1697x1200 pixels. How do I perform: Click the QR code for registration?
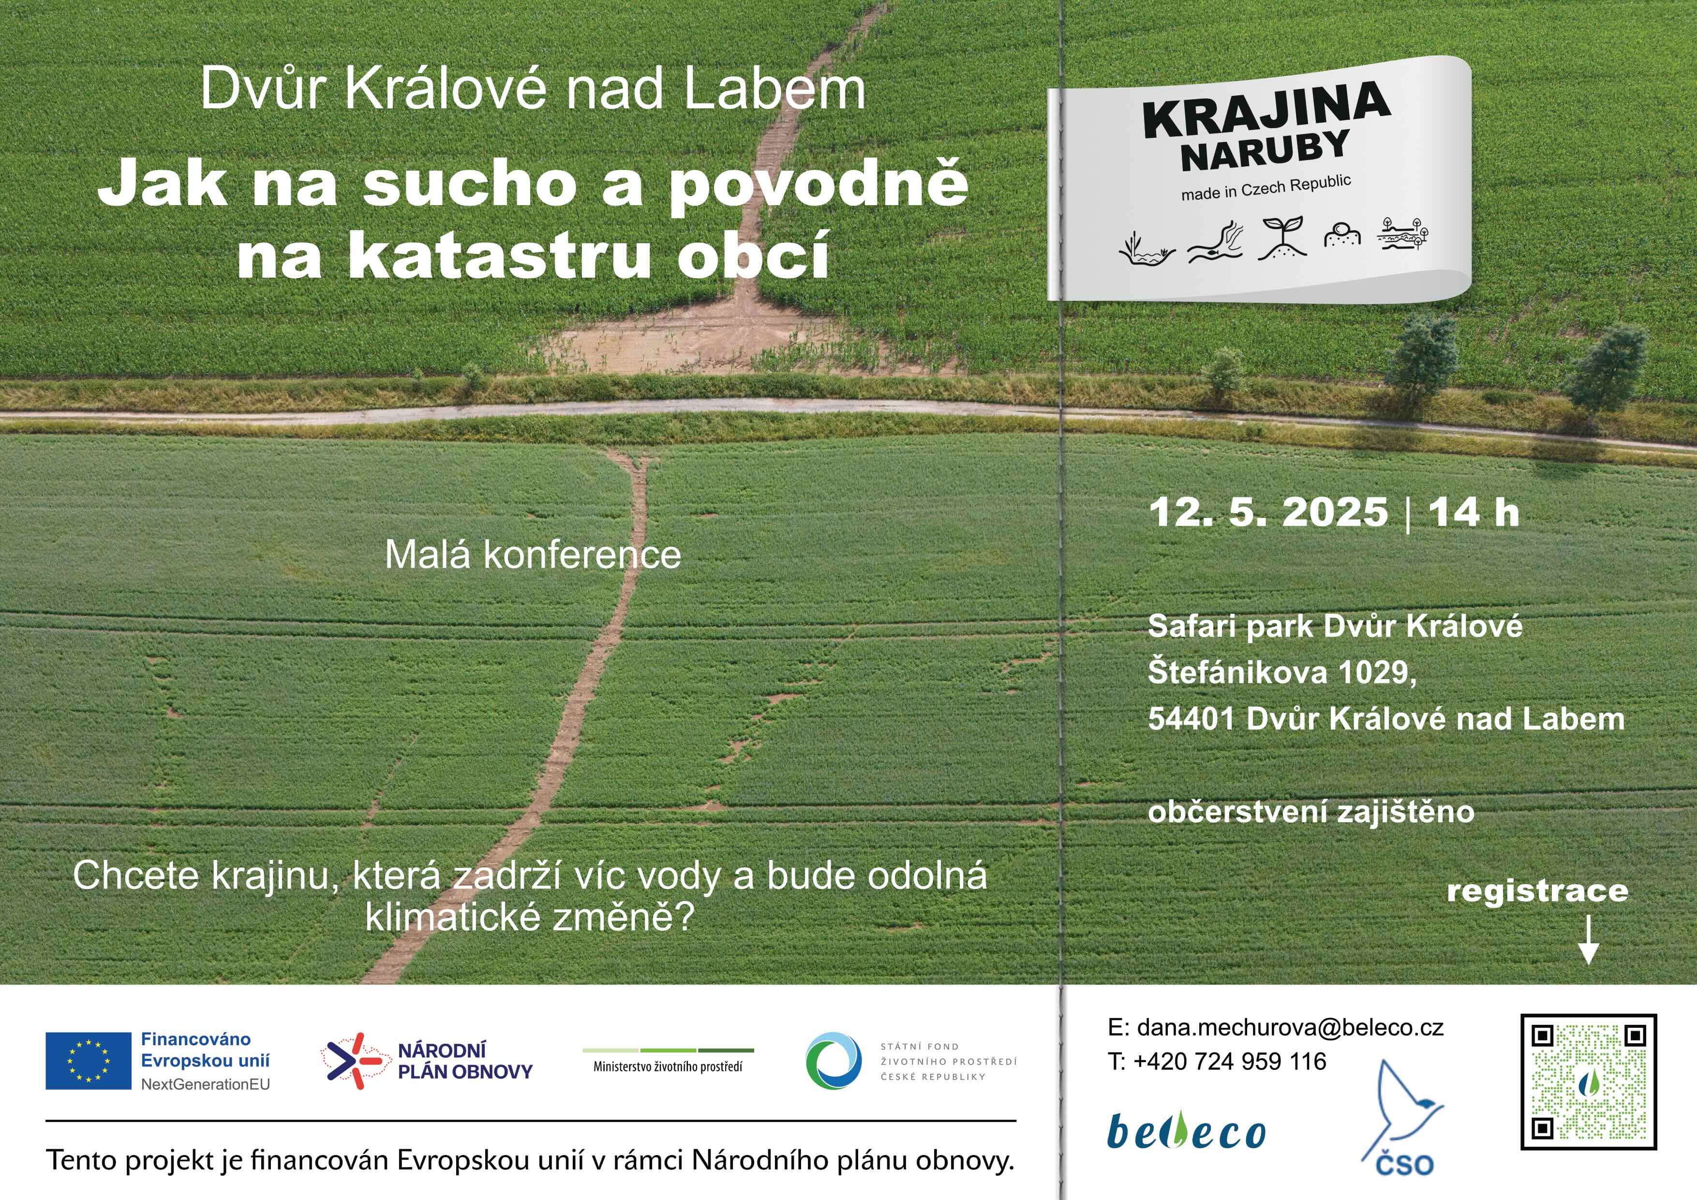(x=1588, y=1082)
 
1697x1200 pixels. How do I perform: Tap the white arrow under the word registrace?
(x=1588, y=941)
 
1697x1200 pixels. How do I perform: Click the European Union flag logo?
(x=88, y=1061)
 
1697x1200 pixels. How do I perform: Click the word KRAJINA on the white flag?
(x=1267, y=109)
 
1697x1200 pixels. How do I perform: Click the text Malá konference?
(x=533, y=554)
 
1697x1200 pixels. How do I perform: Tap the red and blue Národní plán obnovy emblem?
(x=352, y=1061)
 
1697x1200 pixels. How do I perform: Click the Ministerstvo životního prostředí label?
(x=668, y=1066)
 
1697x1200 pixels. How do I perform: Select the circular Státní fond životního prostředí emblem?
(x=834, y=1061)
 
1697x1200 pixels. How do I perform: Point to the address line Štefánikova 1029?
(x=1281, y=672)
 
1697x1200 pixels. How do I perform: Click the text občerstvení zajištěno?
(x=1310, y=811)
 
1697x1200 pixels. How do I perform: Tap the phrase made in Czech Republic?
(x=1266, y=187)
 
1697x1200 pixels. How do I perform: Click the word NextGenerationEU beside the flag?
(x=206, y=1084)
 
